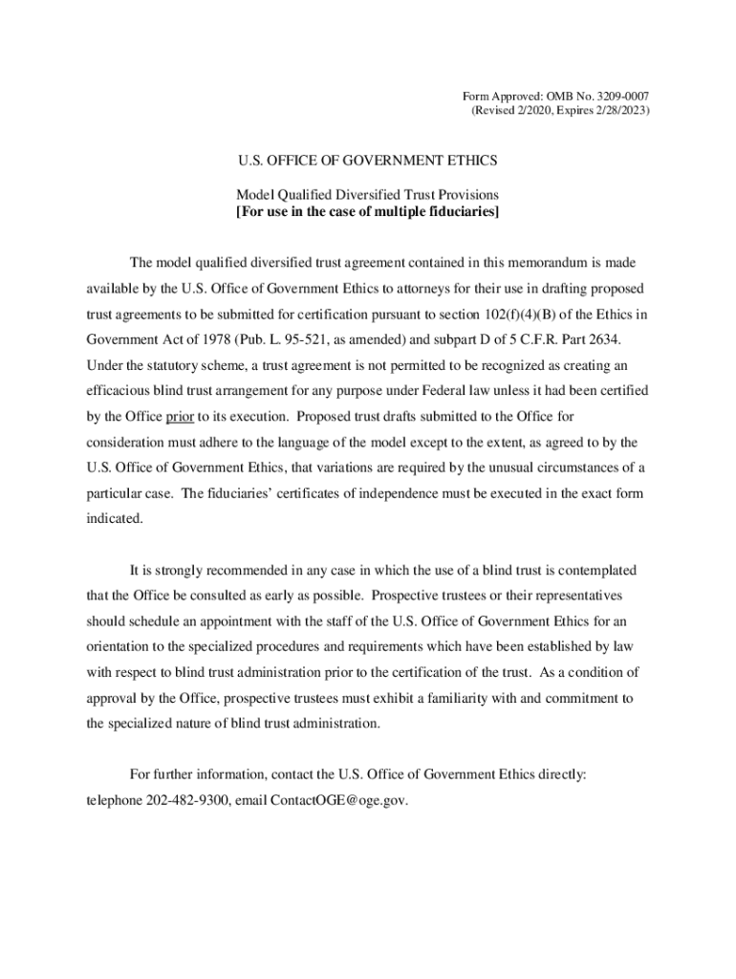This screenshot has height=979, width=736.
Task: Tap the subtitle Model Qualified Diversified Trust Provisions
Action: (367, 194)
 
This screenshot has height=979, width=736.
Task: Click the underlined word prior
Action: (180, 417)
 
